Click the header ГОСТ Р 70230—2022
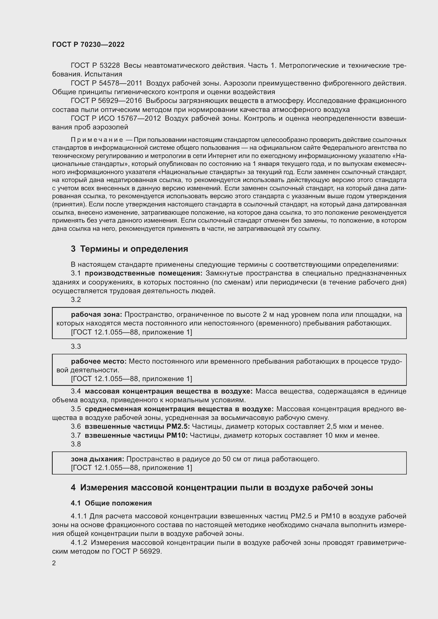pos(88,44)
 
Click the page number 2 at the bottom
pos(54,563)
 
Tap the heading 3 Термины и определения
pos(129,248)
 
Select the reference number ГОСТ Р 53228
pos(95,66)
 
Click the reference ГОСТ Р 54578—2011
pos(106,83)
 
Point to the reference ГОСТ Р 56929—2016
pos(106,101)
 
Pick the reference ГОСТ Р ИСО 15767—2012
pos(116,118)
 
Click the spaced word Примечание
pos(97,140)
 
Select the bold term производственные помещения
pos(144,273)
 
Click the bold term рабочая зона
pos(97,314)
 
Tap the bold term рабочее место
pos(99,361)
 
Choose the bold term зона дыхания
pos(97,459)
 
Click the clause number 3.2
pos(76,300)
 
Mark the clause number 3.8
pos(76,444)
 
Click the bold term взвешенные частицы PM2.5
pos(137,426)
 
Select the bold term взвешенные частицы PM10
pos(136,435)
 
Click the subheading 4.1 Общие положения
pos(111,503)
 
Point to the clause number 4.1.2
pos(79,543)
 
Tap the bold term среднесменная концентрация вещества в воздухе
pos(179,409)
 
